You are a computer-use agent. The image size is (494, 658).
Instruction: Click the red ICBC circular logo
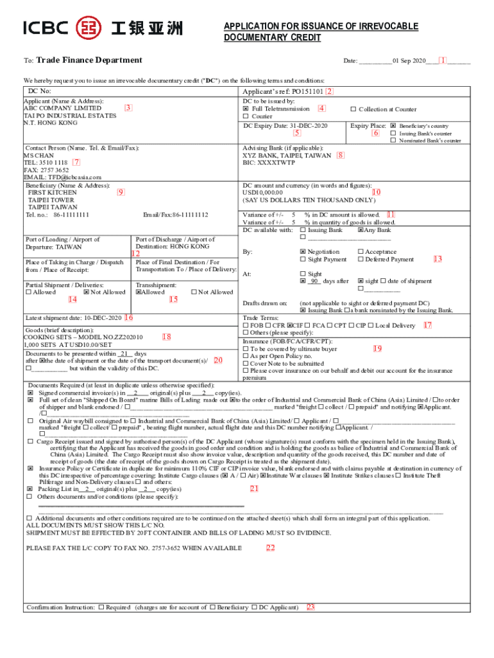pos(88,27)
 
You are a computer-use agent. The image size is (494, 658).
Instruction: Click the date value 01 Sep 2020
pos(409,61)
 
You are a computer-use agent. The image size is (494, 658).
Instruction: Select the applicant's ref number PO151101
pos(307,92)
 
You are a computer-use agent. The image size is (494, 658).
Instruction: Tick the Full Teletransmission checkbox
pos(246,109)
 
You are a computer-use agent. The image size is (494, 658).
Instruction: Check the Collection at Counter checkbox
pos(353,109)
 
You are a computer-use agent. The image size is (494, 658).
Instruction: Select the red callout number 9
pos(121,191)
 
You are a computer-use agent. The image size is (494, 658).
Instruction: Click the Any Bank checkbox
pos(361,230)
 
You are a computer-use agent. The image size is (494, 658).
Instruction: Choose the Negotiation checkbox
pos(303,252)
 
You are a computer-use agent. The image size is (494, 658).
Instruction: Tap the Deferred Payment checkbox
pos(361,260)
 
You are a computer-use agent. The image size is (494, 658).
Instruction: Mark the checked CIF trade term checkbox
pos(291,326)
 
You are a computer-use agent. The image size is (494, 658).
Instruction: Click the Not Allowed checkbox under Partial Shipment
pos(87,292)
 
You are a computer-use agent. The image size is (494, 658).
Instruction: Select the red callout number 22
pos(270,547)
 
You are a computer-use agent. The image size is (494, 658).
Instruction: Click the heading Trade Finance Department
pos(89,60)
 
